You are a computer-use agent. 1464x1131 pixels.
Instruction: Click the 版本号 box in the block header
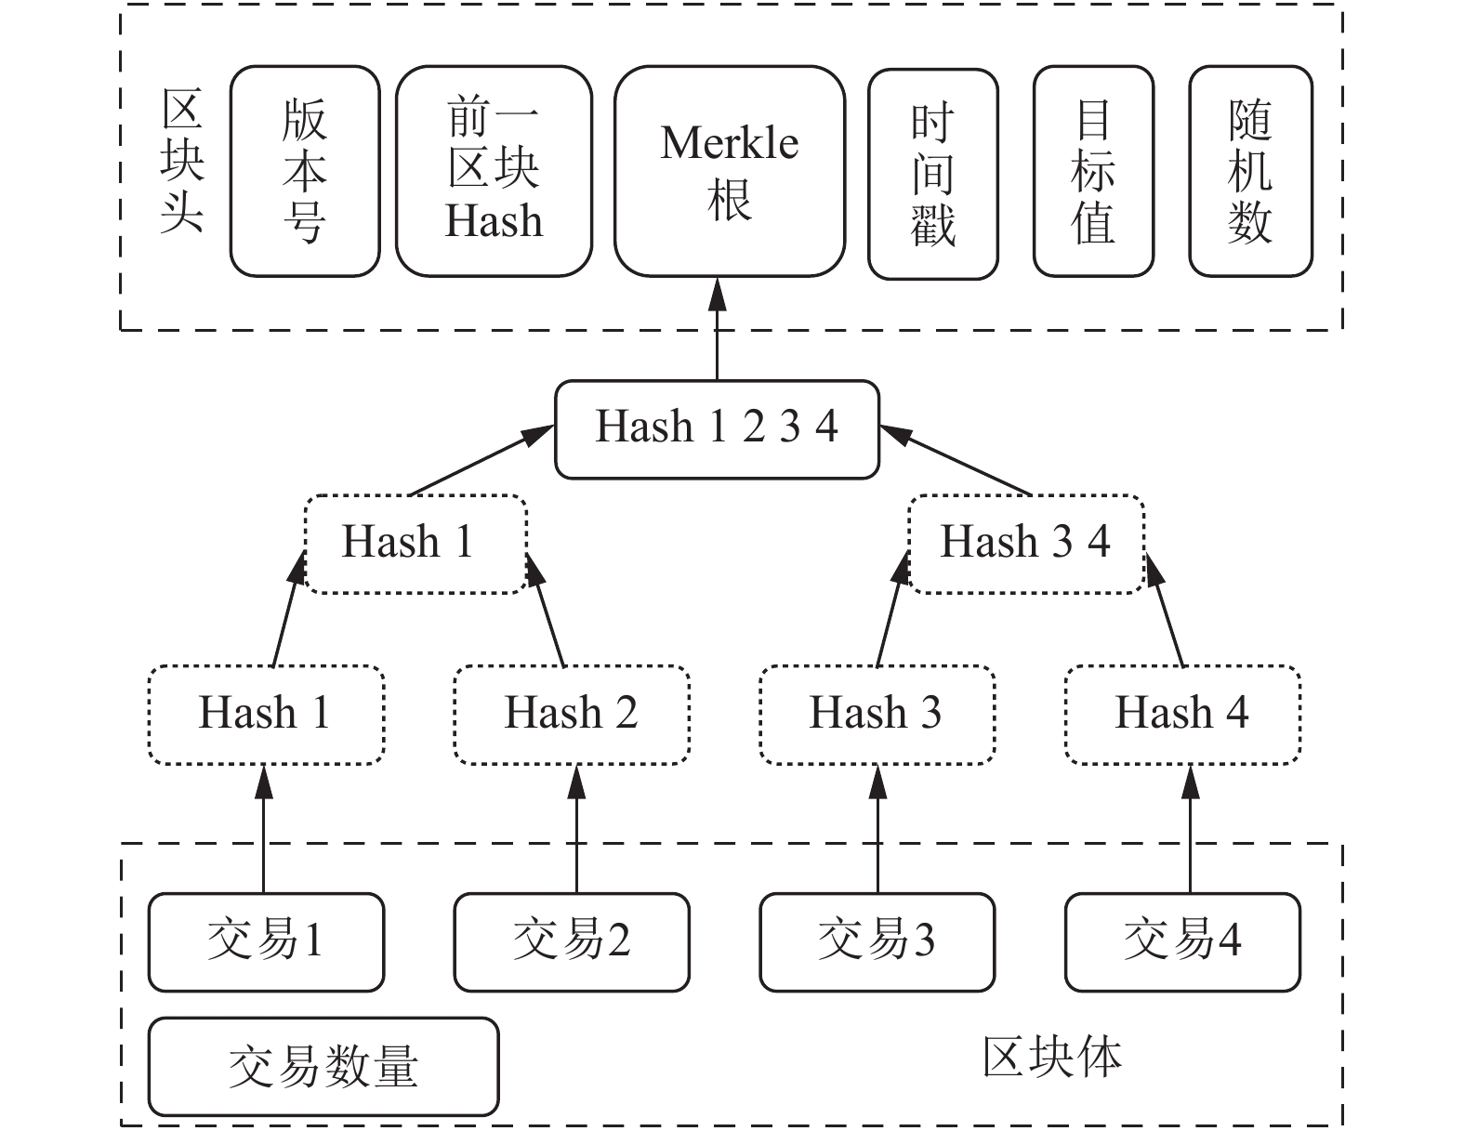(305, 171)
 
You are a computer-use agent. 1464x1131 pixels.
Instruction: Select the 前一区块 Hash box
(494, 171)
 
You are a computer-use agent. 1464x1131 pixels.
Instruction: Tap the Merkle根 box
(730, 171)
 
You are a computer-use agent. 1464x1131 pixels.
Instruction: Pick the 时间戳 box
(933, 174)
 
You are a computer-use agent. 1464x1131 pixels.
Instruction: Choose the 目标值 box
(1093, 171)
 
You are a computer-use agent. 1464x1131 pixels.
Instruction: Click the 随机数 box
(1250, 171)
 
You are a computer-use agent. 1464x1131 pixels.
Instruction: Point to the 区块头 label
(182, 162)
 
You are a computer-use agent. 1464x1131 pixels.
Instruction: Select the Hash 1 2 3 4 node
(717, 429)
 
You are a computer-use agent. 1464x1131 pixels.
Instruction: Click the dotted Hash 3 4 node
(1026, 545)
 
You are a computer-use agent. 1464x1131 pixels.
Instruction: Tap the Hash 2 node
(572, 715)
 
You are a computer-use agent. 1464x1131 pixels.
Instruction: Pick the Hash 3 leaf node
(877, 715)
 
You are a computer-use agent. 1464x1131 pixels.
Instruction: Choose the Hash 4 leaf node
(1182, 715)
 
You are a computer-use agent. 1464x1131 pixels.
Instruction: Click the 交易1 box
(266, 942)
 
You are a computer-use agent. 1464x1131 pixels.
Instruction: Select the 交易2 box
(572, 942)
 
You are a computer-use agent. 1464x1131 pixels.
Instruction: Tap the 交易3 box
(877, 942)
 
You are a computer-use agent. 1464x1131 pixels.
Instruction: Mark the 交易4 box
(1182, 942)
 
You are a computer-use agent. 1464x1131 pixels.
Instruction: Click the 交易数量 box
(323, 1066)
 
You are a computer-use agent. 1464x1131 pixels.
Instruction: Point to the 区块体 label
(1051, 1058)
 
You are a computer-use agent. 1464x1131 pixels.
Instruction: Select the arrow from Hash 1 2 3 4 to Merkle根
(717, 329)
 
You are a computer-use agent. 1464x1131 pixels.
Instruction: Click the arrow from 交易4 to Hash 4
(1190, 829)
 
